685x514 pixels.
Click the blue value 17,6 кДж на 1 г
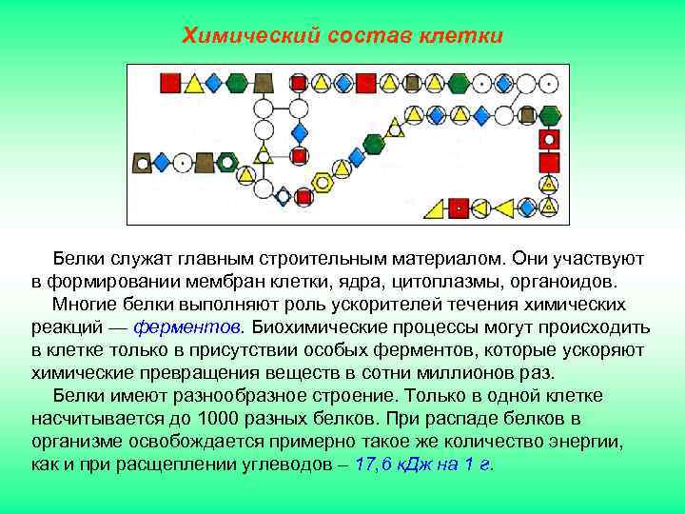click(x=421, y=465)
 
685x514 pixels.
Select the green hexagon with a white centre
click(x=226, y=162)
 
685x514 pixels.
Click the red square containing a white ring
click(x=548, y=140)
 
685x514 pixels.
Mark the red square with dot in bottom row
click(x=459, y=206)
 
